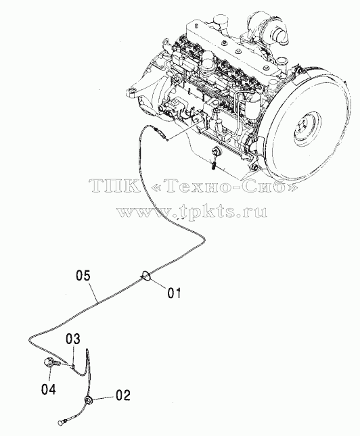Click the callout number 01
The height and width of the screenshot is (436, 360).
[174, 293]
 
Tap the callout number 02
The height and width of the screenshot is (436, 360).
[122, 395]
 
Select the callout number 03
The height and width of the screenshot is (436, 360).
[73, 339]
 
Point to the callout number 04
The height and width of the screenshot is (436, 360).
[49, 389]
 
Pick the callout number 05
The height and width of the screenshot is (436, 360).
[83, 276]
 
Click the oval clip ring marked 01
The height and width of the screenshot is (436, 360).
[146, 276]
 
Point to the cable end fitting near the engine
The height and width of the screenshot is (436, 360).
[161, 132]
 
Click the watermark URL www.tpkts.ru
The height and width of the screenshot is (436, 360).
[192, 212]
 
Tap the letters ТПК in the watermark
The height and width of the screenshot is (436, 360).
[114, 186]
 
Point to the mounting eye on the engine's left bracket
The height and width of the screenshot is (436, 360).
[131, 91]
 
